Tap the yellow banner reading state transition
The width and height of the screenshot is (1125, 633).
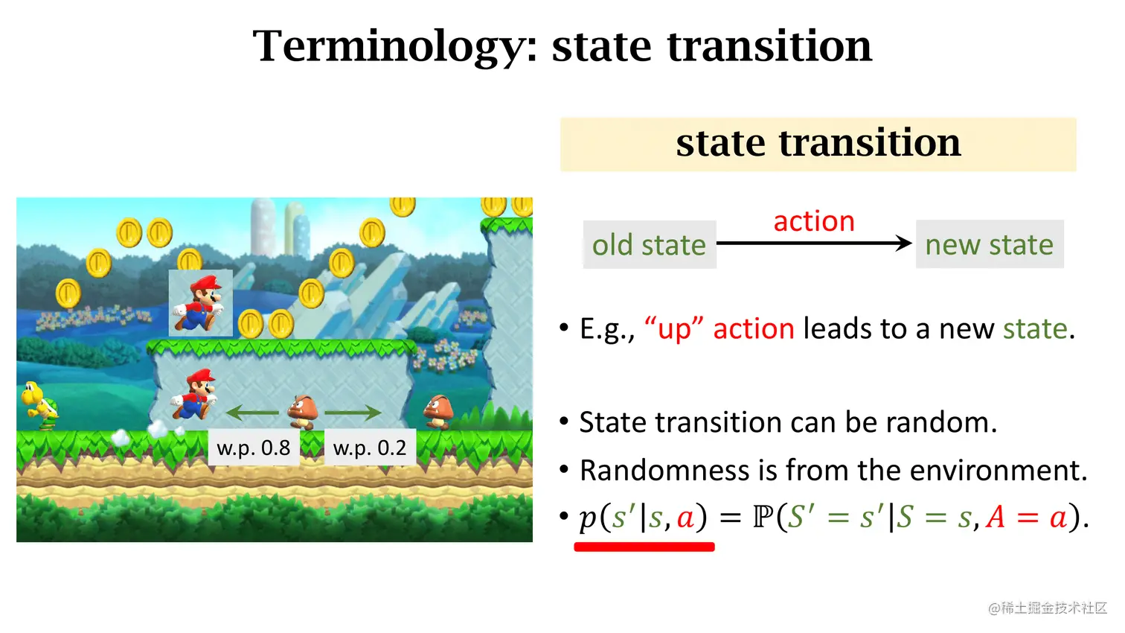pos(818,144)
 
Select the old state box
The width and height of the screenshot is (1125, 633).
pos(649,245)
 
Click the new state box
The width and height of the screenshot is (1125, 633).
pos(989,245)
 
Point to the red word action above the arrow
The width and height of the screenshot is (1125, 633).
pos(814,221)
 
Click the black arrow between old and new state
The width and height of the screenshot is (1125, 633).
pos(814,243)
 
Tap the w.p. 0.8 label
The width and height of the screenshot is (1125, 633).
pos(253,448)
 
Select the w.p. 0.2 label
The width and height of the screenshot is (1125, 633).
pos(370,448)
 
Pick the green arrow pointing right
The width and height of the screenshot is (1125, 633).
pos(353,412)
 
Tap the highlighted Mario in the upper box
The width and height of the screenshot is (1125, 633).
pos(199,303)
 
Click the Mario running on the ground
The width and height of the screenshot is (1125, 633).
pos(195,396)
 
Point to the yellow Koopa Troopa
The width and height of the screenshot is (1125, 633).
pos(39,404)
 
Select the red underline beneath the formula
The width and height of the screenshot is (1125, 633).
pos(644,547)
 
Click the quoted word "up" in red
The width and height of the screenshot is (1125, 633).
pos(674,328)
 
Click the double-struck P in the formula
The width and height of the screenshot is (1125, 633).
pos(763,517)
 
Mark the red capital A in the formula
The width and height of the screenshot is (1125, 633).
pos(996,517)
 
